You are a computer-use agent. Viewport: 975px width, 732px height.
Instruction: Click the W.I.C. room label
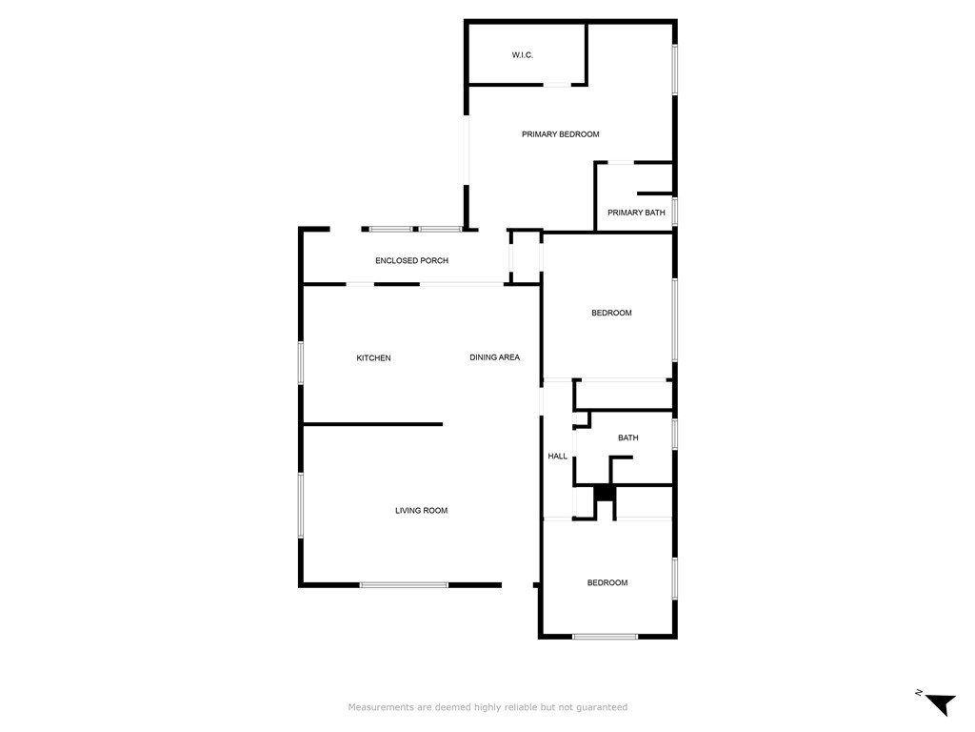(x=523, y=55)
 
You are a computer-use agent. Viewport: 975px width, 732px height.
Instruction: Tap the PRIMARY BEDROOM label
(x=560, y=134)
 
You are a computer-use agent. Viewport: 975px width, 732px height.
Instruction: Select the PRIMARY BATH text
(x=636, y=213)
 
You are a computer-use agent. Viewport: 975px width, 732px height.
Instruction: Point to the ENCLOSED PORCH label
(x=411, y=261)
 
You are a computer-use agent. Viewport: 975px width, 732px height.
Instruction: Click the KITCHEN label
(x=373, y=358)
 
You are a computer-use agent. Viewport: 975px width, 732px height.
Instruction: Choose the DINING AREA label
(x=494, y=357)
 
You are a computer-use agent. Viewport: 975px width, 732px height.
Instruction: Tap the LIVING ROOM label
(x=422, y=511)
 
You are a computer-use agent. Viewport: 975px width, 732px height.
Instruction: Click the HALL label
(x=557, y=457)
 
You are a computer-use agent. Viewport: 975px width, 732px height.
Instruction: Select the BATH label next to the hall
(x=628, y=438)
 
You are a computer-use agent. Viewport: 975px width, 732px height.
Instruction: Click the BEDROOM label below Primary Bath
(x=611, y=313)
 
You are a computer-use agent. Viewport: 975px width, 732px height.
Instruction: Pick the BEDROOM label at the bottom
(x=607, y=583)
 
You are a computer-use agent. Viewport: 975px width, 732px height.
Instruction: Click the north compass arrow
(x=942, y=703)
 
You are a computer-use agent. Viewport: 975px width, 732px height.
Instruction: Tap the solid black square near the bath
(x=605, y=493)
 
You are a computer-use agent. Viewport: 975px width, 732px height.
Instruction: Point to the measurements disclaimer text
(x=487, y=707)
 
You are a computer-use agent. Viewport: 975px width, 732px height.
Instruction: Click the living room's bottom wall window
(x=404, y=585)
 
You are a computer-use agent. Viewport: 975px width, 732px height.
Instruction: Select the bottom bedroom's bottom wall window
(x=605, y=636)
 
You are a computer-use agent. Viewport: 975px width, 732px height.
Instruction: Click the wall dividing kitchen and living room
(x=372, y=424)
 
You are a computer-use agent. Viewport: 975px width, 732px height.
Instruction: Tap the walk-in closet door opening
(x=557, y=85)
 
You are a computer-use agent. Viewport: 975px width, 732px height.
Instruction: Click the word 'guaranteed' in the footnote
(x=602, y=708)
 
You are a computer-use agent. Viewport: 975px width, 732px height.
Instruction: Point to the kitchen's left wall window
(x=301, y=362)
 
